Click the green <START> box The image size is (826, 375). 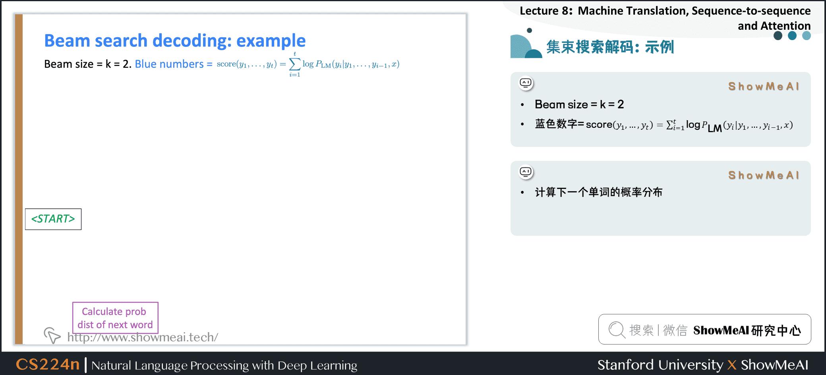click(x=53, y=219)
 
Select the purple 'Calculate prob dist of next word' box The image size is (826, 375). click(x=115, y=318)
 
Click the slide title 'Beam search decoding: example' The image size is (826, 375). click(x=175, y=40)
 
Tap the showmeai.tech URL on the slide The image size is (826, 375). click(x=143, y=337)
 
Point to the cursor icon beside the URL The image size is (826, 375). click(x=52, y=335)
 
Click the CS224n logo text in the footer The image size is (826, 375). click(x=48, y=364)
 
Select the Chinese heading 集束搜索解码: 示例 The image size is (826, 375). click(x=610, y=47)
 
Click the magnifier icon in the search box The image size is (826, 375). click(x=617, y=330)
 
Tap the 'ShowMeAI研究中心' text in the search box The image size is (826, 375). click(x=747, y=330)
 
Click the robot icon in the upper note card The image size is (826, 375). click(x=526, y=83)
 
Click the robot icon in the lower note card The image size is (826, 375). click(x=526, y=172)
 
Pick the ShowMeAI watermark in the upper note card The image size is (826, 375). click(x=764, y=87)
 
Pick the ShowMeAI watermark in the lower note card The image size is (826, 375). click(x=764, y=175)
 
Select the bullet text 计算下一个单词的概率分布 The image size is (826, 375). click(x=599, y=192)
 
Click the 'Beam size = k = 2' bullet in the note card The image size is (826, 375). click(x=579, y=104)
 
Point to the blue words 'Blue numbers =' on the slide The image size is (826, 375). click(x=174, y=64)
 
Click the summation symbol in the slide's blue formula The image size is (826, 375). click(x=295, y=64)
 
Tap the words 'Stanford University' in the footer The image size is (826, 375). click(x=660, y=365)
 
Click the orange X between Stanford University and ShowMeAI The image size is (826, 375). click(x=732, y=365)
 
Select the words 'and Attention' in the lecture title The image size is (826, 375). click(x=774, y=26)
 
